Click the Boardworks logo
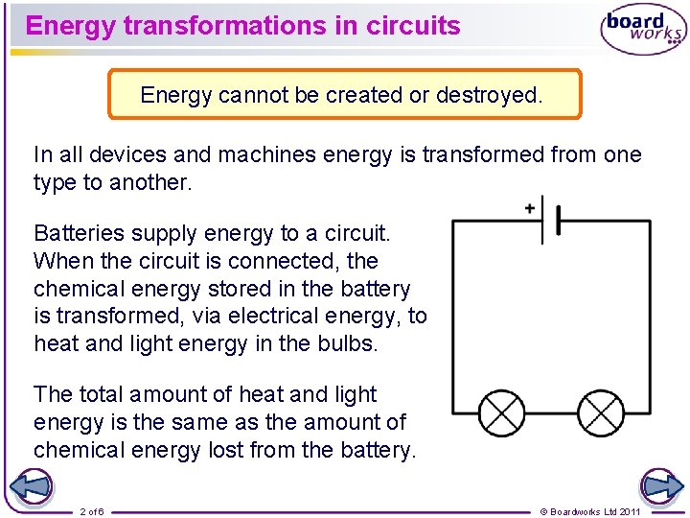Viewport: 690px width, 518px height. click(x=643, y=31)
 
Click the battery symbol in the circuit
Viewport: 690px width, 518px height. click(x=551, y=220)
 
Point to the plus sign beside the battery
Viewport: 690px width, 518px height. click(x=530, y=208)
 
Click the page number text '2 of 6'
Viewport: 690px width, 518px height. click(x=93, y=511)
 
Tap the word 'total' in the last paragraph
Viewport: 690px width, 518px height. click(x=102, y=394)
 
